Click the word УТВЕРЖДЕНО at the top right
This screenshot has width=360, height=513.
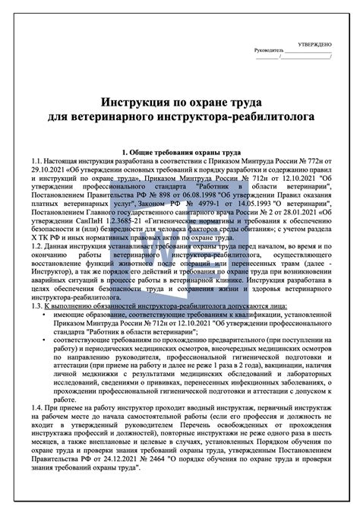coord(314,45)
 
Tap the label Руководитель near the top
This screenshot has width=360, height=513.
coord(272,52)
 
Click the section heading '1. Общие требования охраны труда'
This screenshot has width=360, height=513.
coord(180,154)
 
